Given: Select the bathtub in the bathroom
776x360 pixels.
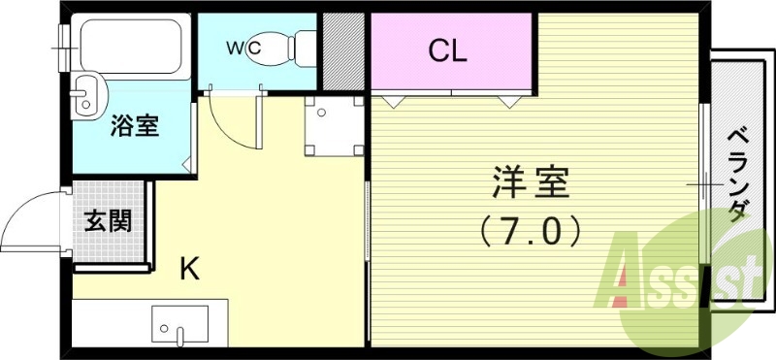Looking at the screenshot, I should coord(132,46).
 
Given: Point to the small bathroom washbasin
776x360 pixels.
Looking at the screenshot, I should coord(85,93).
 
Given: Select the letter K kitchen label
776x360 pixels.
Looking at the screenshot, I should coord(190,268).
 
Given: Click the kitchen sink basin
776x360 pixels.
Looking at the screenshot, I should coord(179,322).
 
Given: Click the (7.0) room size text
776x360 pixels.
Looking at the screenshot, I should coord(531,230).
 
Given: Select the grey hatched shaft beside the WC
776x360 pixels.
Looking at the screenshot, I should coord(342,49).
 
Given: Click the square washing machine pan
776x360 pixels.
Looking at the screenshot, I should coord(333,127).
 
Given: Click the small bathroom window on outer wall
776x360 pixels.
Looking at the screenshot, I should coord(66,39).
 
